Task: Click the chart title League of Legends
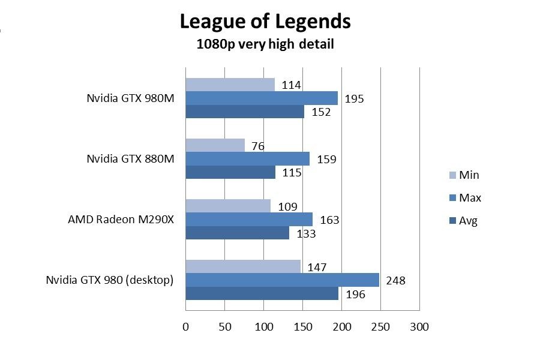(x=265, y=22)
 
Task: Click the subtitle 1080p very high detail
(x=265, y=44)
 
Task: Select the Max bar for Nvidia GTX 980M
(x=262, y=98)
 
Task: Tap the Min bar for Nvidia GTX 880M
(x=215, y=145)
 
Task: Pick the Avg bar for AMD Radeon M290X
(x=237, y=233)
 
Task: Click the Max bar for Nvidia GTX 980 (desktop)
(x=282, y=280)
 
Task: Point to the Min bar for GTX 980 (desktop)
(x=243, y=266)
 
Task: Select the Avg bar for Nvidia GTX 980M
(x=245, y=112)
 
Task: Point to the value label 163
(x=329, y=220)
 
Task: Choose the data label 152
(x=321, y=112)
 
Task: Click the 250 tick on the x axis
(x=380, y=327)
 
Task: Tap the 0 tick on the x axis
(x=185, y=327)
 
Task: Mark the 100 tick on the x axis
(x=263, y=327)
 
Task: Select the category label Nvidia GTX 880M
(x=130, y=159)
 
